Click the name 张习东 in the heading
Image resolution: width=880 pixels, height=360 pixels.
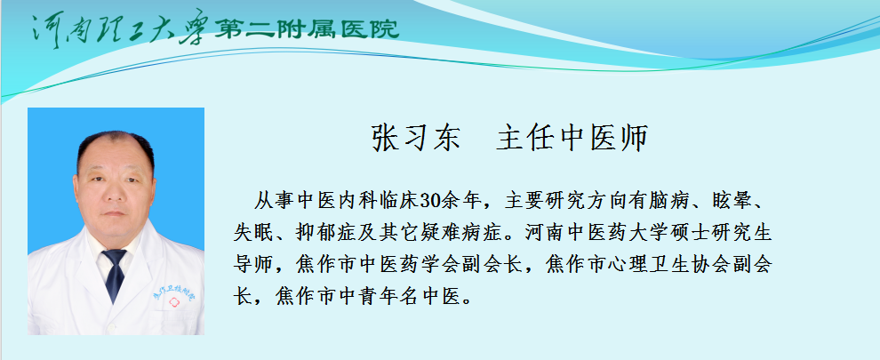coord(416,138)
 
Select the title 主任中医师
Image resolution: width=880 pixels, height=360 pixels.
coord(572,138)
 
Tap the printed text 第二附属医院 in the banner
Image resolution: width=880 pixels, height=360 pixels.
coord(307,28)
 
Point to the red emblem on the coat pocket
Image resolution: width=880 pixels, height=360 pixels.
coord(173,303)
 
